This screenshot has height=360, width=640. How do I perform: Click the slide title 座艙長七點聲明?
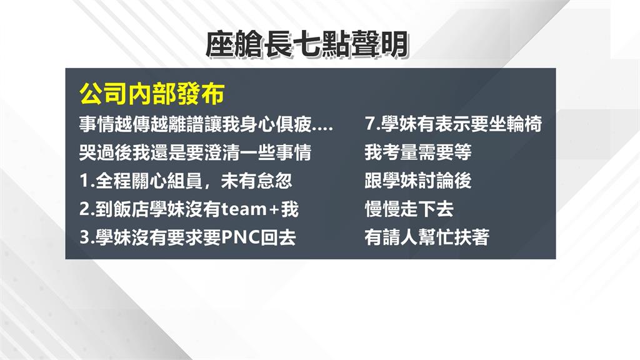[x=307, y=45]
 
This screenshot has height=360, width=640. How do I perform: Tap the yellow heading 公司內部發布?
[x=151, y=96]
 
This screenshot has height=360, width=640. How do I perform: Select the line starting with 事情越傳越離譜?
[x=206, y=124]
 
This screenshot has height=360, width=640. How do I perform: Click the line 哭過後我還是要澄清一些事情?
[x=195, y=152]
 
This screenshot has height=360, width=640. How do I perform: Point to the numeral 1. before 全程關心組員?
[x=86, y=181]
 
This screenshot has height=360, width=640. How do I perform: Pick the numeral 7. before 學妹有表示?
[x=371, y=124]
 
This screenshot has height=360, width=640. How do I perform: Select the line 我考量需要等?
[x=418, y=152]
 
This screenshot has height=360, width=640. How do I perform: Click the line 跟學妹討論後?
[x=418, y=181]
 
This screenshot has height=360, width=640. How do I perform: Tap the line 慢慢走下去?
[x=409, y=209]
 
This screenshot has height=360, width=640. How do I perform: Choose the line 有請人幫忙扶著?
[x=427, y=238]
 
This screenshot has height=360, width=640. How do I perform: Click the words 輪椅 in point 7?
[x=524, y=124]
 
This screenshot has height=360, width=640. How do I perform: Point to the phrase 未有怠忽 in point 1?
[x=265, y=181]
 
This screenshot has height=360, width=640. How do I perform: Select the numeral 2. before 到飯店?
[x=86, y=209]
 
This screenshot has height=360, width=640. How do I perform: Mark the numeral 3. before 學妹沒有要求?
[x=86, y=238]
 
